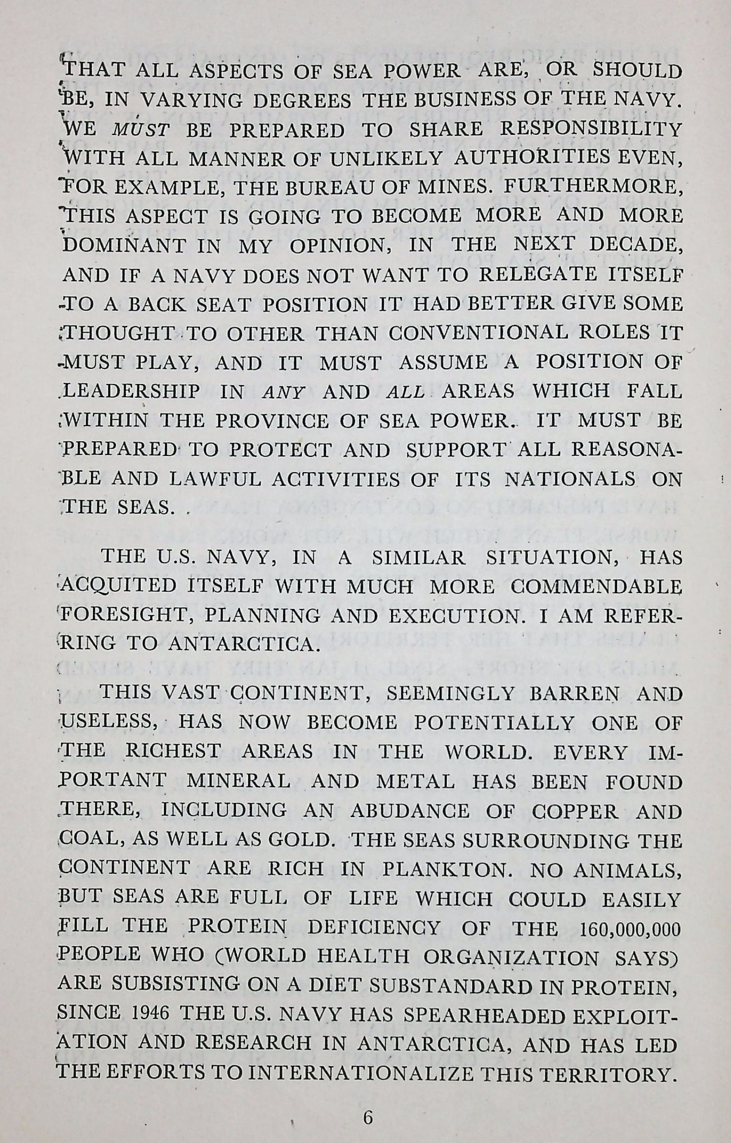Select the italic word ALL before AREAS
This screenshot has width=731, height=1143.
(406, 392)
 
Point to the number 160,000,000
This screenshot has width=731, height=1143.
(629, 929)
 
